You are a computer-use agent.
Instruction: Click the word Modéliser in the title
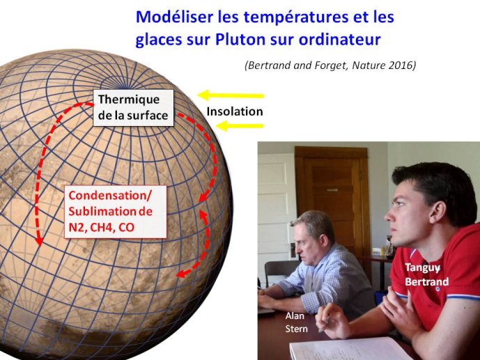click(174, 17)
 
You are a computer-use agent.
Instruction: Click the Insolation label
click(235, 111)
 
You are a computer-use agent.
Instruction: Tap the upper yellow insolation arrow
click(231, 95)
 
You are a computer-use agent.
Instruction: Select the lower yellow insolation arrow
click(240, 125)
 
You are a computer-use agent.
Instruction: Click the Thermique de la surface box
click(133, 108)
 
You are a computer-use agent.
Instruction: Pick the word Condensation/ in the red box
click(109, 196)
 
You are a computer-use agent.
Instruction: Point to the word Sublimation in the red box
click(101, 212)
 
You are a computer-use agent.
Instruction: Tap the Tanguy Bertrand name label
click(427, 274)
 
